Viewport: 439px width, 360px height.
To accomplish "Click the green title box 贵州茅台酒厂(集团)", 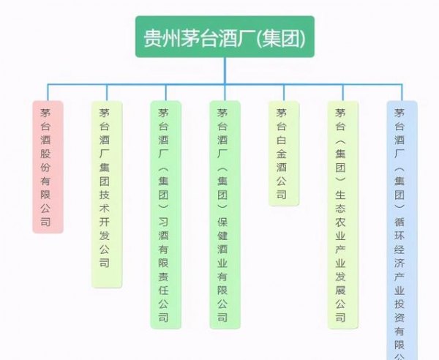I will [x=225, y=37].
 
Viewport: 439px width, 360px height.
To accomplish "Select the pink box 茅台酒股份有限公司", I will [x=48, y=167].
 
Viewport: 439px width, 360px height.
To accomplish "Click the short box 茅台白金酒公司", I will [x=282, y=153].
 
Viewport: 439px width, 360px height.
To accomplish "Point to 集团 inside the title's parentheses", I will [x=282, y=37].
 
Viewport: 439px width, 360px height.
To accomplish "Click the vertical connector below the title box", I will [x=225, y=70].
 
